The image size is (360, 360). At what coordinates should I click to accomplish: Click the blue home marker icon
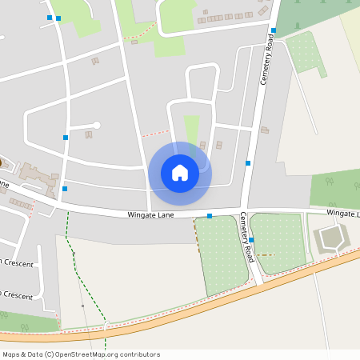coord(180,173)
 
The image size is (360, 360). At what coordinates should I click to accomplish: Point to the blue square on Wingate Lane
coord(210,216)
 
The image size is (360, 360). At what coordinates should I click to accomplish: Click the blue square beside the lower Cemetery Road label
coord(251,240)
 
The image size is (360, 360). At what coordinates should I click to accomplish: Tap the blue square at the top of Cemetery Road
coord(273,30)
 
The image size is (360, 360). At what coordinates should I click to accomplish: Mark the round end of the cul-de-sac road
coord(97,125)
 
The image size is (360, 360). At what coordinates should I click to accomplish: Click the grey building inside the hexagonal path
coord(330,238)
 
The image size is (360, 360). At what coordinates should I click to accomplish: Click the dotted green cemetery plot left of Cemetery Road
coord(221,252)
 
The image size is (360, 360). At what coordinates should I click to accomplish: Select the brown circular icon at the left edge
coord(1,162)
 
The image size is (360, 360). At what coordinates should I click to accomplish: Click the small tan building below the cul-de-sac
coord(88,134)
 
